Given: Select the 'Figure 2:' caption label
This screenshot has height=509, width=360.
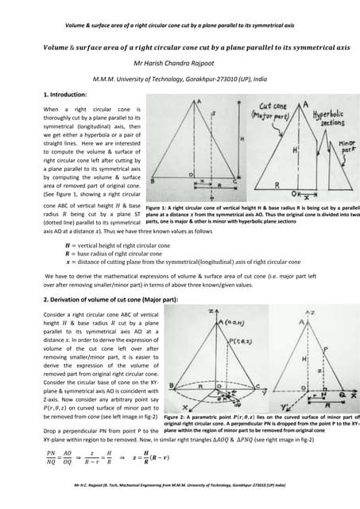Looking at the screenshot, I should (x=178, y=417).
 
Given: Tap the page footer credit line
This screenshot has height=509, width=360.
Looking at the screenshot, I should (x=180, y=503).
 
